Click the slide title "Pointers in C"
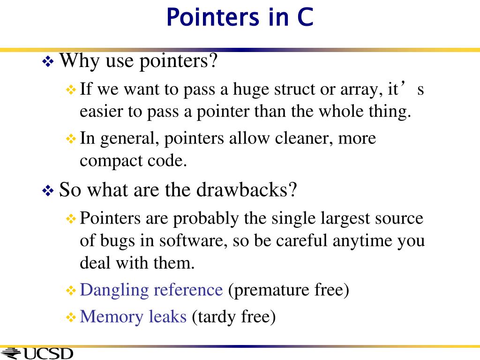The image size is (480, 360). [240, 18]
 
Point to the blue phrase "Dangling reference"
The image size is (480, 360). [151, 290]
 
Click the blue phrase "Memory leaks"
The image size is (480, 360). [133, 317]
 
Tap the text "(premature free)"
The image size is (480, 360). [289, 290]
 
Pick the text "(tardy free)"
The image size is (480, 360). [233, 317]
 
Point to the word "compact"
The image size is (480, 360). [107, 161]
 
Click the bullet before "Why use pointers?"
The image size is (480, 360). [48, 61]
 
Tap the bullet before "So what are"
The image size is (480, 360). [48, 190]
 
